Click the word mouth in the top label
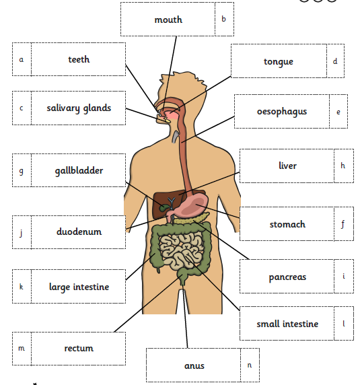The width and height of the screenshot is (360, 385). click(x=168, y=20)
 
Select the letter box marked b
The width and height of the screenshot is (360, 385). click(x=224, y=19)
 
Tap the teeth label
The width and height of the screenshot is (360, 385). click(x=79, y=59)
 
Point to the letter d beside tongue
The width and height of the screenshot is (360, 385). click(x=335, y=61)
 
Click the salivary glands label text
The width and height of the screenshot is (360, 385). click(x=79, y=108)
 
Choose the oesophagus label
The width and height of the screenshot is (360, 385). click(x=282, y=111)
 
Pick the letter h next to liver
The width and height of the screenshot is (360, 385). click(x=343, y=166)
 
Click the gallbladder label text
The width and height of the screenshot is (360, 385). click(x=79, y=171)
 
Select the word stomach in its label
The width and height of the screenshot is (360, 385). click(x=287, y=224)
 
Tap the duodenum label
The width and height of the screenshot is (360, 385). click(x=79, y=232)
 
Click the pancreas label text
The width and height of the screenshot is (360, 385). click(x=287, y=277)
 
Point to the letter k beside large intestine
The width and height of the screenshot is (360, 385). click(x=22, y=287)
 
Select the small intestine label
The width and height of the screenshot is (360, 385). click(x=287, y=323)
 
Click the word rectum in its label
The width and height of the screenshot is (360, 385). click(x=79, y=348)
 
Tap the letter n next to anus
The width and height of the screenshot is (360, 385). click(x=250, y=365)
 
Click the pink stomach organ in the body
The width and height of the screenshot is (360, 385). click(x=194, y=205)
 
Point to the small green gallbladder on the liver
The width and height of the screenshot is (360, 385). click(x=164, y=208)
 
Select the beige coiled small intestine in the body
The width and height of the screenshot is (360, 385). click(x=182, y=252)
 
